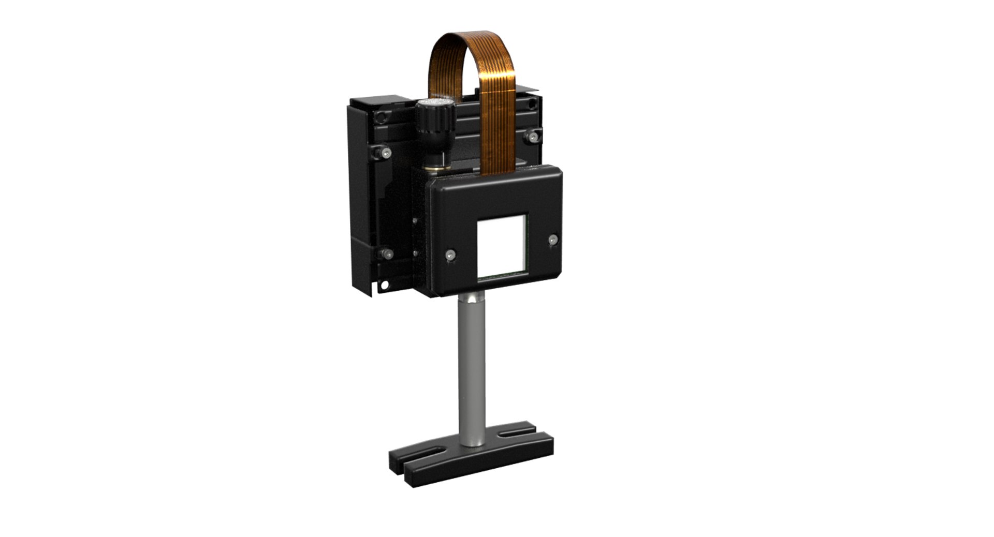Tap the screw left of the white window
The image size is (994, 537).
point(450,255)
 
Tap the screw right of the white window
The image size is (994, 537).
point(553,240)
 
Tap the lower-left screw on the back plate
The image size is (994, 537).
point(387,253)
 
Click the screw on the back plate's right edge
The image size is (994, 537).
point(532,137)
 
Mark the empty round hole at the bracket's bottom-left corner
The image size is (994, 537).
point(384,284)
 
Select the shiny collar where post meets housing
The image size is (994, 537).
point(472,299)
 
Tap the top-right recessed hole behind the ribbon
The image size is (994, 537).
point(531,104)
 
